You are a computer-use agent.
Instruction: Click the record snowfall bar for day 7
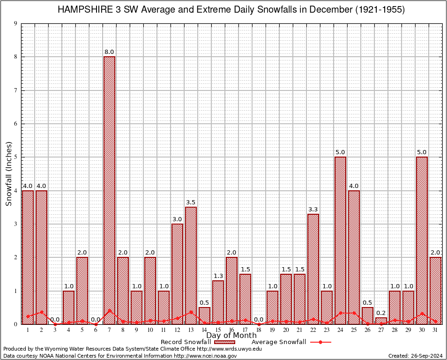(109, 190)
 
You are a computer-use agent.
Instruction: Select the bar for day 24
(340, 240)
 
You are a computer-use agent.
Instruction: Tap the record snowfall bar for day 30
(422, 240)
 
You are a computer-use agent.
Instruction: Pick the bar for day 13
(191, 265)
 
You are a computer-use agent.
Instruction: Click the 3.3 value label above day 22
(313, 209)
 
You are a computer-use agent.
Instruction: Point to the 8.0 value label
(109, 52)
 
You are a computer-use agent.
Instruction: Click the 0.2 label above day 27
(381, 313)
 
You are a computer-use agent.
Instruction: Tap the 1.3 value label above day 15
(218, 276)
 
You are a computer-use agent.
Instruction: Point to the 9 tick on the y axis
(16, 23)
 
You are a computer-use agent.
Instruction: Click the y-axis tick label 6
(16, 124)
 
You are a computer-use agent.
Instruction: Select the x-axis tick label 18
(259, 330)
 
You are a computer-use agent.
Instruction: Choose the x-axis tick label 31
(435, 330)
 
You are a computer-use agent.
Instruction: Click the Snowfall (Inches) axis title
(9, 174)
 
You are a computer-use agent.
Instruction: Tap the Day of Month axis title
(231, 336)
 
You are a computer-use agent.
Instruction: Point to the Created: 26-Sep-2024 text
(416, 356)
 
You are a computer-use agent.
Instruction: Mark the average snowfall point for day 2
(41, 312)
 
